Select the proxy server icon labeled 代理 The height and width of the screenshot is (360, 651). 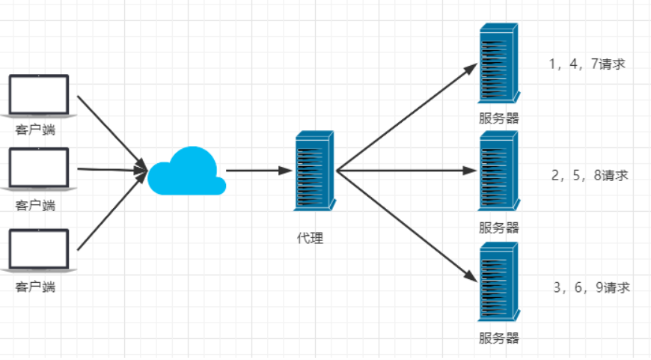point(315,170)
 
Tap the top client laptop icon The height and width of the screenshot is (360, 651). point(38,96)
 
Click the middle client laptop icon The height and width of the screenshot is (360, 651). point(38,169)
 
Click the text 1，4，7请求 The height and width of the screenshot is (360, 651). point(587,64)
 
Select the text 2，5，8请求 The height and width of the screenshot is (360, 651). point(589,176)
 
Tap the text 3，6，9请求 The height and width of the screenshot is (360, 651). point(591,287)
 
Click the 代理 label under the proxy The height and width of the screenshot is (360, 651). point(310,239)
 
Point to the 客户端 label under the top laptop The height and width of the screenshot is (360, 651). point(35,129)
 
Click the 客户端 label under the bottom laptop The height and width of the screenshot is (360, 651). point(35,287)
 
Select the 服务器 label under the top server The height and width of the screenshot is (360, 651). point(498,118)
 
